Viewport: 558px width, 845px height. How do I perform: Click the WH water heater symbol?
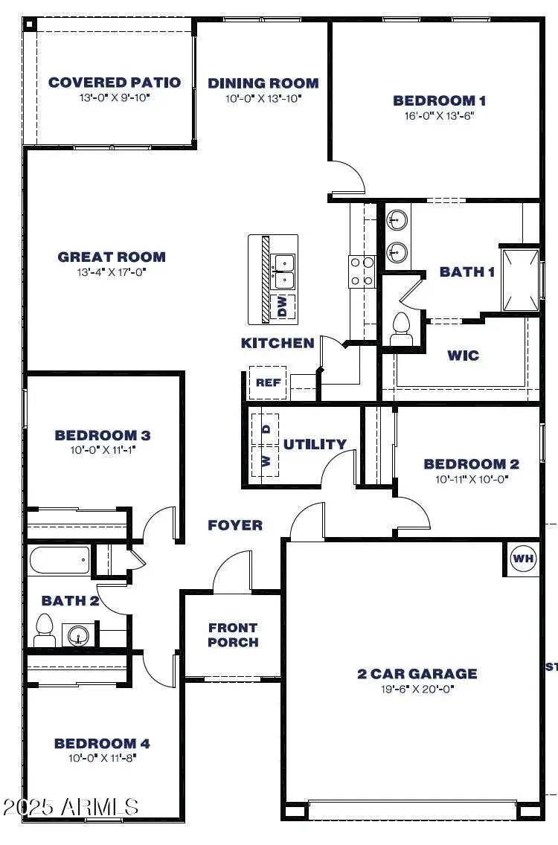click(523, 559)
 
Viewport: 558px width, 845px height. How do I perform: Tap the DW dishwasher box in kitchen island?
click(283, 306)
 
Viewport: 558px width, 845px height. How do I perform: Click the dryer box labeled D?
click(266, 429)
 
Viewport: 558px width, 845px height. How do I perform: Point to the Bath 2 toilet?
click(44, 630)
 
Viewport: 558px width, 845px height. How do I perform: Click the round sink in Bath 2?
click(78, 636)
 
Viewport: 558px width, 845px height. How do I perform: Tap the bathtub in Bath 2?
click(60, 559)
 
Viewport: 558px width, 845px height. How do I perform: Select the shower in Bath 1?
click(520, 280)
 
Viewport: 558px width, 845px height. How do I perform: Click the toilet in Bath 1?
click(402, 327)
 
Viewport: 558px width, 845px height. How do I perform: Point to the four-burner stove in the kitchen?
click(361, 271)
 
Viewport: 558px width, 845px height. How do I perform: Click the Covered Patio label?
click(115, 83)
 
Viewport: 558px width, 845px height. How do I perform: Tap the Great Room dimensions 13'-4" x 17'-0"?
click(112, 272)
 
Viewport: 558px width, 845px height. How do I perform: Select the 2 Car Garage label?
click(417, 674)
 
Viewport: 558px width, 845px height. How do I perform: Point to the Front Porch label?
click(233, 634)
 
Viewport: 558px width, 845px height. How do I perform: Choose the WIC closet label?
click(463, 355)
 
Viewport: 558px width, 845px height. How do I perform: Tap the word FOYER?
click(235, 525)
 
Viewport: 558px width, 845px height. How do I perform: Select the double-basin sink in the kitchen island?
click(283, 271)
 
